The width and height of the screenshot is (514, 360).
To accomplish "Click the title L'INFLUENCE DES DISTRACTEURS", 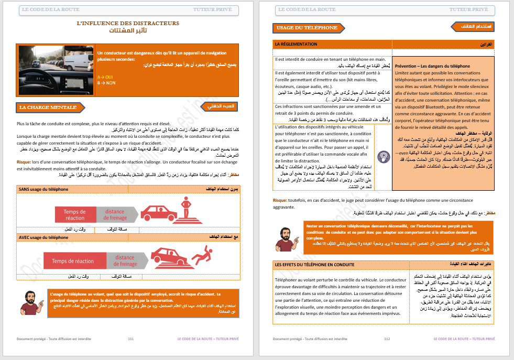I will pos(127,23).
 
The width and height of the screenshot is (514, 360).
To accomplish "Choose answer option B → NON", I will pos(106,83).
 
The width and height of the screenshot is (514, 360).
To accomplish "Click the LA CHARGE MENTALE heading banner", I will pos(51,107).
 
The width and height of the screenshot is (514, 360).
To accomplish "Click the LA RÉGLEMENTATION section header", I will pos(297,45).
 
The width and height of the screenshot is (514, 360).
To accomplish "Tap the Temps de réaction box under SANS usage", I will pos(75,215).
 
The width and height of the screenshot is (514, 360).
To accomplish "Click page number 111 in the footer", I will pos(131,339).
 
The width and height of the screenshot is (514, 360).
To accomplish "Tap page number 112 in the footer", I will pos(387,339).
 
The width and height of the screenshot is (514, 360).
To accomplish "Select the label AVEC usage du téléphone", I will pos(43,237).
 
